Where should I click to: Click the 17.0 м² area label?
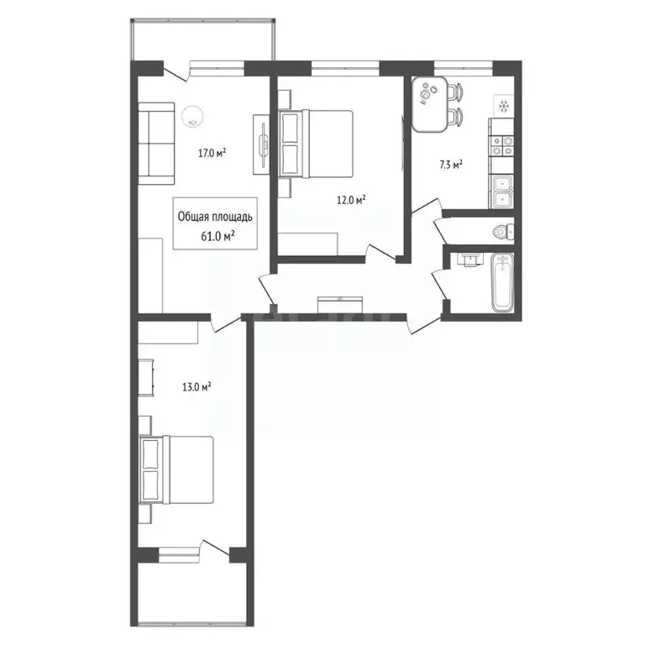coord(211,153)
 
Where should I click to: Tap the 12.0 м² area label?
coord(350,200)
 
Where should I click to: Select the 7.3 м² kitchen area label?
coord(452,165)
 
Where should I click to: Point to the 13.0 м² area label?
coord(196,387)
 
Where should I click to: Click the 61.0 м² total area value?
coord(217,236)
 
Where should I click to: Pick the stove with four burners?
coord(502,145)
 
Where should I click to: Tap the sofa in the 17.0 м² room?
coord(155,143)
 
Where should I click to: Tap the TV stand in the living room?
coord(262,145)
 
